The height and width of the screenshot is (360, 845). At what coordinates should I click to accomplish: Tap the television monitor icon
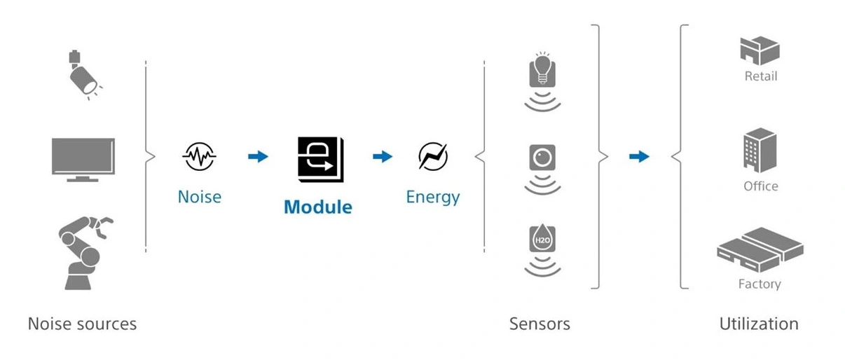[x=83, y=158]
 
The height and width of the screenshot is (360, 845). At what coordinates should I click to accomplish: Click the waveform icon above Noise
[x=199, y=157]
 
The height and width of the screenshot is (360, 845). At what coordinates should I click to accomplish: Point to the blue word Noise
[x=199, y=197]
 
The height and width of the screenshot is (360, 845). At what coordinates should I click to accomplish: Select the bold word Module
[x=317, y=207]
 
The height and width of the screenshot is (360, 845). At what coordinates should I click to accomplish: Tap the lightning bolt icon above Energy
[x=432, y=156]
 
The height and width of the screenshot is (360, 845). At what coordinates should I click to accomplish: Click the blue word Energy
[x=432, y=197]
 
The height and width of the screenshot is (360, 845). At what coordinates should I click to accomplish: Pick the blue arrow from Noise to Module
[x=258, y=157]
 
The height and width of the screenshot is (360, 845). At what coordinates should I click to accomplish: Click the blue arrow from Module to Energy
[x=382, y=157]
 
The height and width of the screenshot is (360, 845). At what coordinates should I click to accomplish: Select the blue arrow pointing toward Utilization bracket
[x=638, y=157]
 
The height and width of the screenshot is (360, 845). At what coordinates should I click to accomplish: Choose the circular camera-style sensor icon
[x=542, y=158]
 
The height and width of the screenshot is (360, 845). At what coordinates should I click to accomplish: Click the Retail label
[x=760, y=76]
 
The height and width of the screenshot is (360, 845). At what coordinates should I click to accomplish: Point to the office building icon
[x=760, y=150]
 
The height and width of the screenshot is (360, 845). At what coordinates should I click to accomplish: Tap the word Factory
[x=760, y=284]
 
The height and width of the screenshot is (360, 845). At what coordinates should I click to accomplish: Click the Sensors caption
[x=539, y=324]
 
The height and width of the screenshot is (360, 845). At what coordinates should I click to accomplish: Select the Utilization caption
[x=759, y=324]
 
